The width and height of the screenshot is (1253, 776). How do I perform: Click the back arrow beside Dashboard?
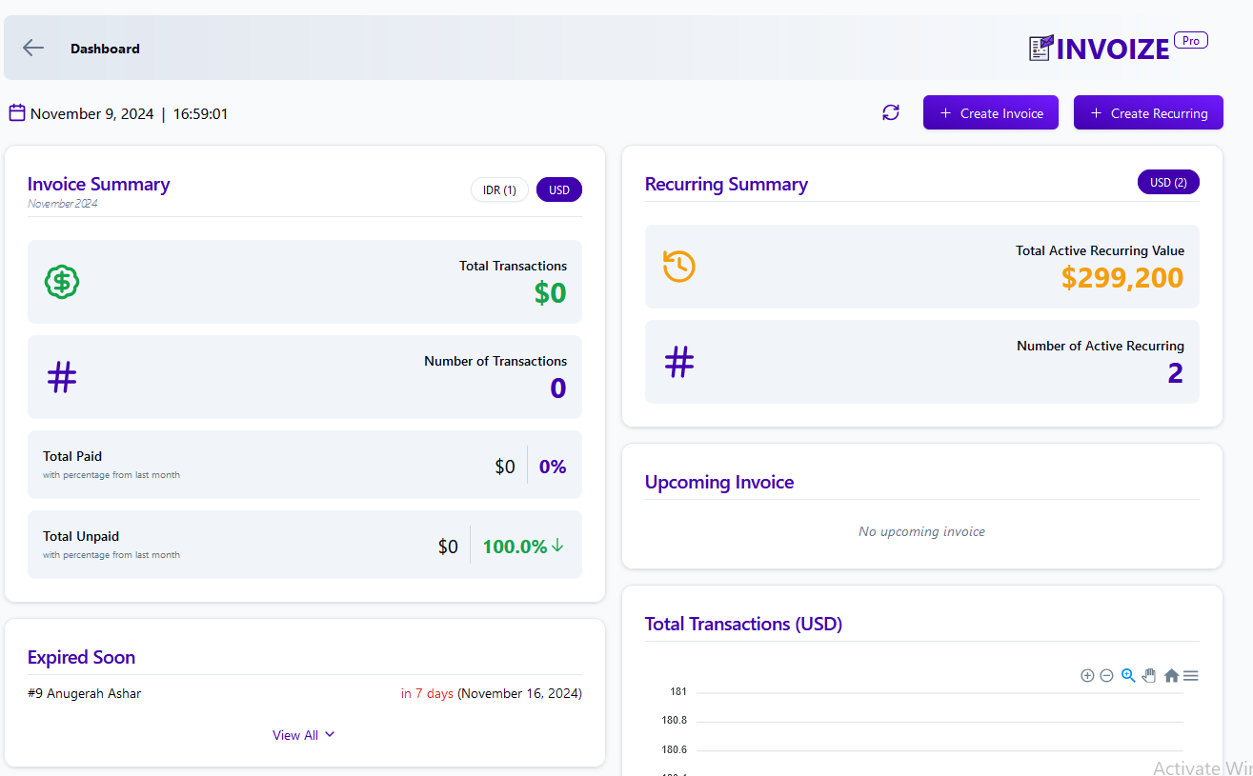tap(33, 48)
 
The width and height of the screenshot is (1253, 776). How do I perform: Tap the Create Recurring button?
tap(1148, 112)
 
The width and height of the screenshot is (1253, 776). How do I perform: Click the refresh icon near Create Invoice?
tap(891, 112)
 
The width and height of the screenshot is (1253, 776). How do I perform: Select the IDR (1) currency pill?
tap(499, 189)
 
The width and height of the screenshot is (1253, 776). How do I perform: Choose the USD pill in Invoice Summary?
tap(559, 189)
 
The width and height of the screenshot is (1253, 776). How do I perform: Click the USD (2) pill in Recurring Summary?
tap(1168, 182)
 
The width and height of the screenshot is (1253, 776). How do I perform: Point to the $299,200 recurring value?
tap(1122, 278)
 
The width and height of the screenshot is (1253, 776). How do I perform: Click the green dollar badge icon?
tap(62, 281)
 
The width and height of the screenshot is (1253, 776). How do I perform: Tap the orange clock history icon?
tap(679, 266)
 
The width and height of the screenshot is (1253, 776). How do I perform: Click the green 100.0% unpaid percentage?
tap(515, 547)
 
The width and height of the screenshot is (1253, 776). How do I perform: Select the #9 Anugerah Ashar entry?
tap(85, 693)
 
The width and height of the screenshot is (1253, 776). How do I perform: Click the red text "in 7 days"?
tap(427, 693)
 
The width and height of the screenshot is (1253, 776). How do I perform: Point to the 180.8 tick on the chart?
tap(674, 721)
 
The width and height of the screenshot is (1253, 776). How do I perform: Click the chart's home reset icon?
tap(1171, 675)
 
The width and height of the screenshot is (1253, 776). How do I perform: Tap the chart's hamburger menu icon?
tap(1190, 675)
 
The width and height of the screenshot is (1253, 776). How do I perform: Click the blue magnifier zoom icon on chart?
tap(1128, 675)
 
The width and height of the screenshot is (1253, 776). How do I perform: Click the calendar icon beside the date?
tap(17, 113)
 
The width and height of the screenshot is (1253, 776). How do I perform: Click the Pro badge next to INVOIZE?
tap(1190, 40)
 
